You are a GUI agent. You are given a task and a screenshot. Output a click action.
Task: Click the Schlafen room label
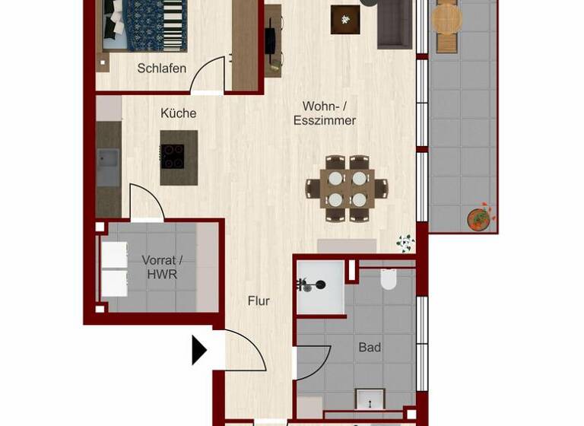(161, 68)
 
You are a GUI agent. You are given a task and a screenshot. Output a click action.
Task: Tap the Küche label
(179, 113)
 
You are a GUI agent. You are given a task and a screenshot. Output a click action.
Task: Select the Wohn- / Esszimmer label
(325, 113)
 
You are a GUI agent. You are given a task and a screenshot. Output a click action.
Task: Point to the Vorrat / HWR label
(162, 267)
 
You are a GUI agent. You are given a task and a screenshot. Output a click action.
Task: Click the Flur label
(259, 301)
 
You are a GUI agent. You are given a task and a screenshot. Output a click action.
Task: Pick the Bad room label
(370, 348)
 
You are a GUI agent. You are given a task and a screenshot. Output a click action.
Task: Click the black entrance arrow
(199, 351)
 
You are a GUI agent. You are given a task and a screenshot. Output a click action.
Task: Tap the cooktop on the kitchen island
(173, 157)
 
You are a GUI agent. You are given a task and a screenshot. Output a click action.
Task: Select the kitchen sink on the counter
(108, 167)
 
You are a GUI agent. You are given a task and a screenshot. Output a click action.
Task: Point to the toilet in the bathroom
(388, 279)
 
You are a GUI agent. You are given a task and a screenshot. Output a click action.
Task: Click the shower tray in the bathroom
(319, 288)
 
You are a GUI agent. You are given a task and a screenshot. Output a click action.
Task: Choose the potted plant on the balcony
(479, 219)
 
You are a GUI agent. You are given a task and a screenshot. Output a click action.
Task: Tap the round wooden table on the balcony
(446, 19)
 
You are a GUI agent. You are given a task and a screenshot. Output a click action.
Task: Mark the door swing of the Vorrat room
(146, 203)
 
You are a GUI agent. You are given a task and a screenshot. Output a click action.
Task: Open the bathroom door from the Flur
(312, 363)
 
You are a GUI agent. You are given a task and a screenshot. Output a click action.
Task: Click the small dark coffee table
(345, 20)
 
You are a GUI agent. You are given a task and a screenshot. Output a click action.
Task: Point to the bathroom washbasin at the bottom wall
(370, 399)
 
